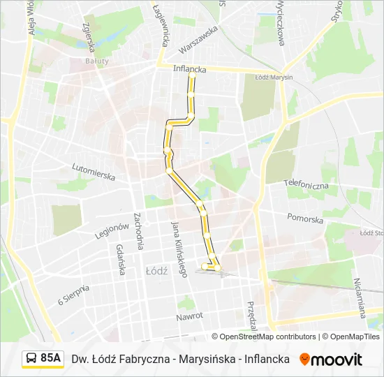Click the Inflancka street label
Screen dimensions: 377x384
pos(189,69)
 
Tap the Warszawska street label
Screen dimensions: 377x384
pos(198,40)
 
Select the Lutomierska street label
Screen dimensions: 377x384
pos(94,172)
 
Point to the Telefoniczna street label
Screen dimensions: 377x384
pos(306,184)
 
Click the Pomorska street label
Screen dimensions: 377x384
pos(305,219)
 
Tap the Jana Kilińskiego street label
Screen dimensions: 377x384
pos(179,249)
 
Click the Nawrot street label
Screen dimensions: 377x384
pos(189,316)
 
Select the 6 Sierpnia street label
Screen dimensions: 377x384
pos(74,295)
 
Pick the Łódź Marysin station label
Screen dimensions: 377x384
pos(274,77)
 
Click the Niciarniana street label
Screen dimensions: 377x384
pos(360,297)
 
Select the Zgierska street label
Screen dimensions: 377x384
pos(88,36)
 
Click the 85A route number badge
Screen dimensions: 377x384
pos(50,358)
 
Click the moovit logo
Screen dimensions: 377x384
pos(331,360)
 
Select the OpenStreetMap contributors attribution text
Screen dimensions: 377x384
pos(267,337)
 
